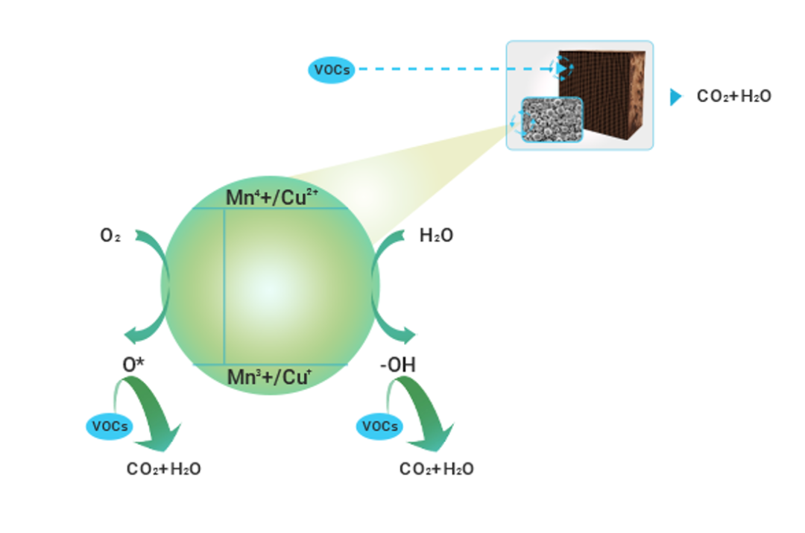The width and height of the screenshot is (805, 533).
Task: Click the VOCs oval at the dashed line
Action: (332, 70)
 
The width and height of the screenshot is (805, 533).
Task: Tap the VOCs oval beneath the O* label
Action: (110, 427)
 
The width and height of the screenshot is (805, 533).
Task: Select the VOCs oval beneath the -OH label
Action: (380, 427)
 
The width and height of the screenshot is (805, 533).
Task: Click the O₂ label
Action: (110, 236)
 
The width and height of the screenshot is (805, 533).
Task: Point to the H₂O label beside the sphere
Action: (436, 236)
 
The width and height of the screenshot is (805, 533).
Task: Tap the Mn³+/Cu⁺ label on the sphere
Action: (269, 377)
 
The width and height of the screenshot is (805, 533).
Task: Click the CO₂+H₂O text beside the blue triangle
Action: (733, 97)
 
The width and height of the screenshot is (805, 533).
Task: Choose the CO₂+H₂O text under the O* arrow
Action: (164, 469)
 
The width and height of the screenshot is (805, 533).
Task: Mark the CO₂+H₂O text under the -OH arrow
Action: (437, 469)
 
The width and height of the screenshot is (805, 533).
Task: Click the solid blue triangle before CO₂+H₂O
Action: (675, 97)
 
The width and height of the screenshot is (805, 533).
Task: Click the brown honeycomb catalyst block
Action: (607, 89)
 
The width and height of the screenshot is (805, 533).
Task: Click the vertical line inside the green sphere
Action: (224, 287)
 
